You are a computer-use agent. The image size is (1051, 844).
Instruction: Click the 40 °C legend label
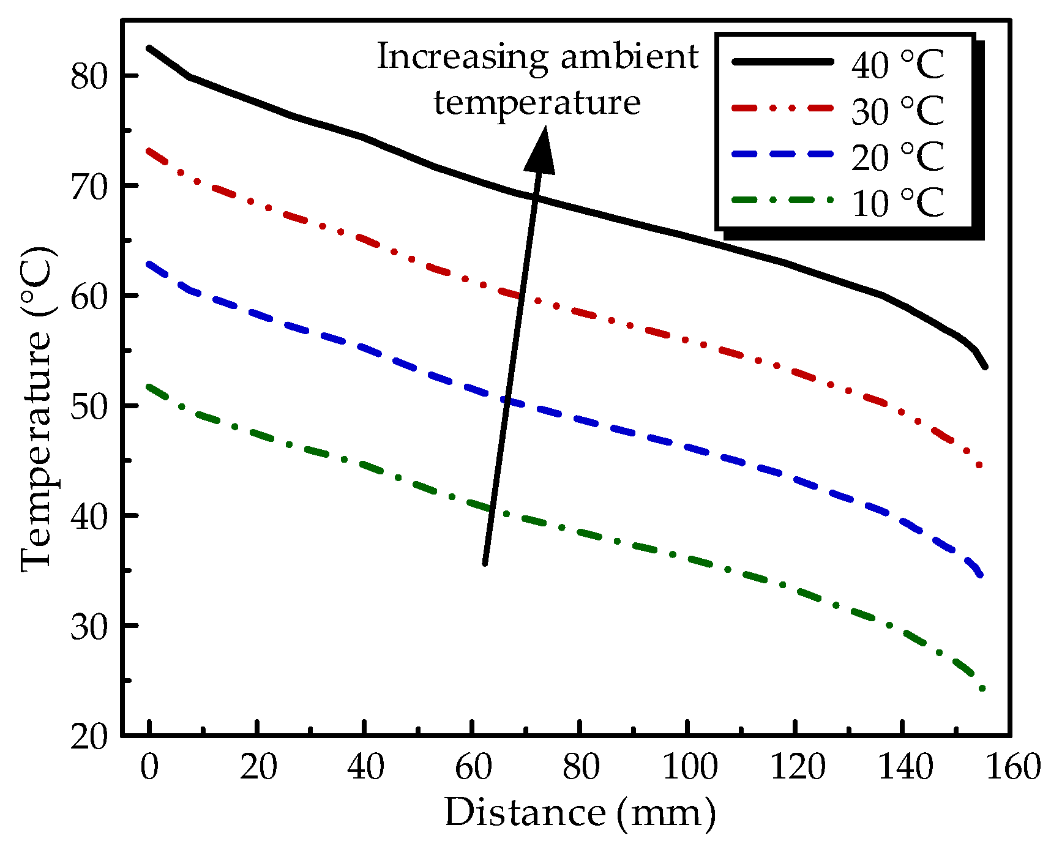tap(897, 64)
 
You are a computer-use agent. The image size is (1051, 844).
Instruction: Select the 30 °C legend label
tap(897, 111)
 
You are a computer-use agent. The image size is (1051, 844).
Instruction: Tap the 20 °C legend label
tap(897, 157)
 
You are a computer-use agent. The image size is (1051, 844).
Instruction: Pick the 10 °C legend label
tap(897, 203)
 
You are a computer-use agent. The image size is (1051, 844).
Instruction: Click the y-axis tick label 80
tap(89, 77)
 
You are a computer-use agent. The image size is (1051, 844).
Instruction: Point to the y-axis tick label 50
tap(89, 406)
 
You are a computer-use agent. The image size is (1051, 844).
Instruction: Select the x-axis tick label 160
tap(1014, 767)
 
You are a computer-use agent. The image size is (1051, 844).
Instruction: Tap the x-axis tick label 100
tap(690, 767)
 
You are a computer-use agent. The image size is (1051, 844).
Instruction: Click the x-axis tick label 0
tap(149, 767)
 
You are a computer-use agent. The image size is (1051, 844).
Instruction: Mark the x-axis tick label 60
tap(473, 767)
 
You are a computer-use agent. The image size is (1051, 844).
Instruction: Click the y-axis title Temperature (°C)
tap(38, 409)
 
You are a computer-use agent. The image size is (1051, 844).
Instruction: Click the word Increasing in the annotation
tap(462, 58)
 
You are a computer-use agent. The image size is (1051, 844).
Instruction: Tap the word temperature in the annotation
tap(537, 103)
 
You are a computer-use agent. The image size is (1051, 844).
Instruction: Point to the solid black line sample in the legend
tap(782, 61)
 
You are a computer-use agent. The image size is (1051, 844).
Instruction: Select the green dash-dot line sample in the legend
tap(782, 200)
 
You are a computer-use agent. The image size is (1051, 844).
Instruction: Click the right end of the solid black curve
tap(985, 367)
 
